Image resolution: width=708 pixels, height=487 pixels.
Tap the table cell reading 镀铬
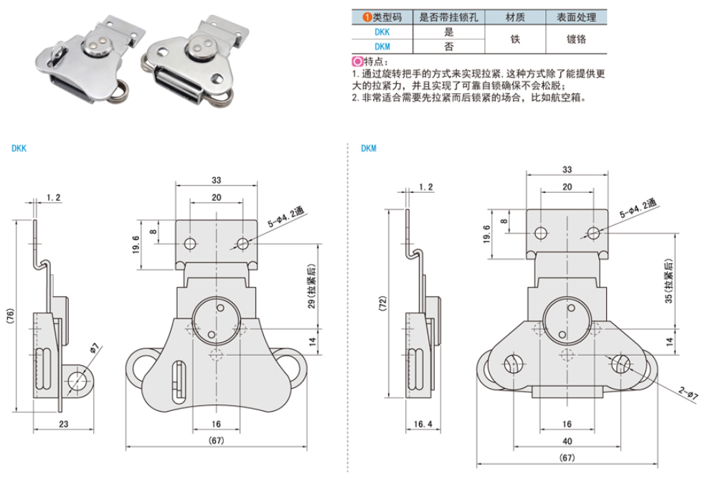(x=576, y=39)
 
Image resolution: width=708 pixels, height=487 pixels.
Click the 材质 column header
(x=514, y=17)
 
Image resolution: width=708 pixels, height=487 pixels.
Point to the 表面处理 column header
(x=576, y=17)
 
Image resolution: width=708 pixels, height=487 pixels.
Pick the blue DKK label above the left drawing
(x=19, y=149)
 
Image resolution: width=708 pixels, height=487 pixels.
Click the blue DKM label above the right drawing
(x=369, y=149)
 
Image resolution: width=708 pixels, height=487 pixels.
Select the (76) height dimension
(x=10, y=317)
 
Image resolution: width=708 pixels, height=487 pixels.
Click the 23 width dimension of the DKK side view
(x=64, y=424)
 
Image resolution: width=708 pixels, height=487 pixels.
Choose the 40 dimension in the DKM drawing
(x=567, y=441)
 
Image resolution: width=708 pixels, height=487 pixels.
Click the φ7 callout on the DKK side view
(x=95, y=349)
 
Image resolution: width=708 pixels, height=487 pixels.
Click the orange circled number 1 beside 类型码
(x=357, y=17)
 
